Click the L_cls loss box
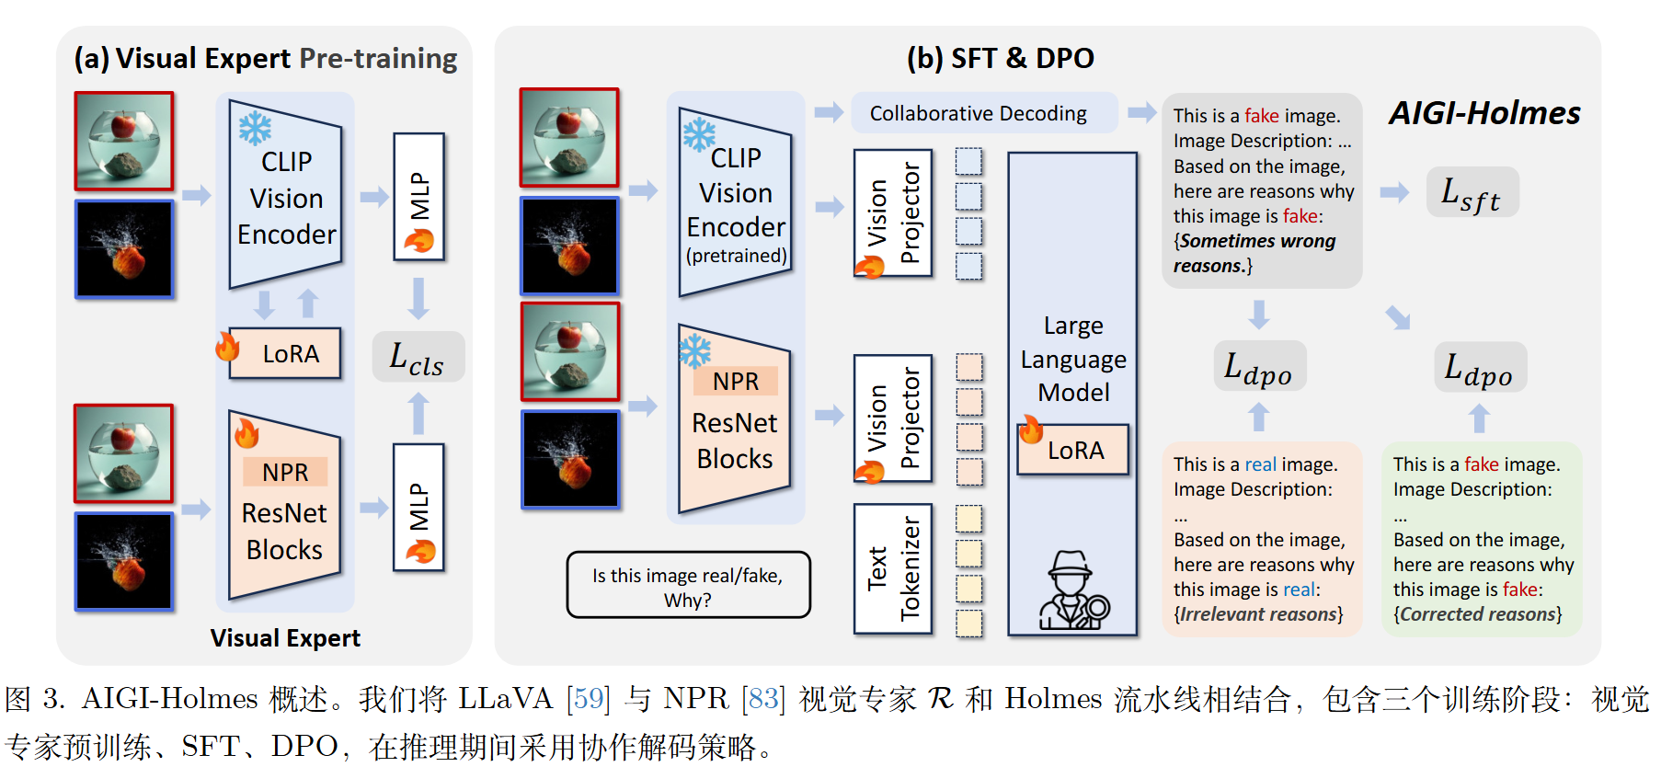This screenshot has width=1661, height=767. coord(418,356)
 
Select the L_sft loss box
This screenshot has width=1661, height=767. coord(1472,192)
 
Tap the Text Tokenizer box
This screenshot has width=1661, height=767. coord(893,568)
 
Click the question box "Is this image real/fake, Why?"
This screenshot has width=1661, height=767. coord(688,585)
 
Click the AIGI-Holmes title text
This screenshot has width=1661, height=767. coord(1484,113)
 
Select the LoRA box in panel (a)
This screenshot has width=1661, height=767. coord(285,353)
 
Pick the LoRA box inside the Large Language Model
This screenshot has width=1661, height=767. coord(1073,450)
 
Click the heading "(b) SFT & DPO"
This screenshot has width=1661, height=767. coord(1001,59)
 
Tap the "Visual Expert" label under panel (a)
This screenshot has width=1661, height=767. coord(285,638)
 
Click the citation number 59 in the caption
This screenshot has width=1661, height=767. coord(589,700)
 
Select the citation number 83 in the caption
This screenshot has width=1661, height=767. coord(763,700)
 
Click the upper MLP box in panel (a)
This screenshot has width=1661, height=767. coord(419,196)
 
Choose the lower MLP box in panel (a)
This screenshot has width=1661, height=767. coord(419,507)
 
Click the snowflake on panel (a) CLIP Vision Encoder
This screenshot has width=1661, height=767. coord(255,128)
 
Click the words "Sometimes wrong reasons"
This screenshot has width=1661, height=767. coord(1255,253)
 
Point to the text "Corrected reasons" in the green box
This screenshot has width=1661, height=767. coord(1478,614)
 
